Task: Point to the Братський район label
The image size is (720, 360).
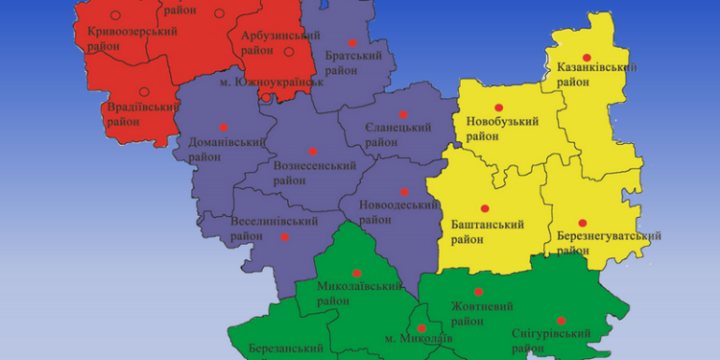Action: pos(353,63)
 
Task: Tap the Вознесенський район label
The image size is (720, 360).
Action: pos(315,172)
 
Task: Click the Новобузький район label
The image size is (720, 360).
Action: pos(502,129)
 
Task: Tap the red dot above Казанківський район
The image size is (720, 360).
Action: pos(587,58)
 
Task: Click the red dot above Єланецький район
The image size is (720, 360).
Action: pos(403,111)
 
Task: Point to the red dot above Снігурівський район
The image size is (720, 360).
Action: pos(561,321)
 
